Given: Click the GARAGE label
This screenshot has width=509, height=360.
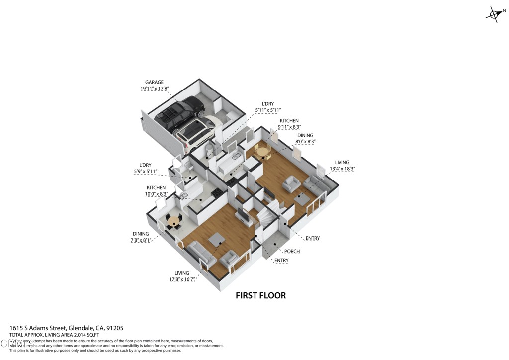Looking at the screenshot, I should (x=154, y=82).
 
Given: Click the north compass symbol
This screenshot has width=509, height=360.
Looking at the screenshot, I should (x=494, y=14).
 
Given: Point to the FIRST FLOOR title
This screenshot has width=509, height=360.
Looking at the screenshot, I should (x=260, y=295).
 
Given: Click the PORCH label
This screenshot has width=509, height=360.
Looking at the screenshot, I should (x=292, y=251).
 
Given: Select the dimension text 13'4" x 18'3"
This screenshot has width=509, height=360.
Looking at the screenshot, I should (x=342, y=169).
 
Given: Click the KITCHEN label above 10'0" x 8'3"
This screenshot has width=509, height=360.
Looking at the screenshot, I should (x=156, y=188).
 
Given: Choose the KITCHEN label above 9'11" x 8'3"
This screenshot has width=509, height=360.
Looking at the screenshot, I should (x=289, y=121).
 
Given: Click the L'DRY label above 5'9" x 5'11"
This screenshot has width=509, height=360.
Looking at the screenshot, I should (x=145, y=165).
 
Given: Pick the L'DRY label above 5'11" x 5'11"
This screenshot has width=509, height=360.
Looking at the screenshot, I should (x=268, y=104).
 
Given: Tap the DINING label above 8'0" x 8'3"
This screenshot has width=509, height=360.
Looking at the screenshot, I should (x=306, y=135).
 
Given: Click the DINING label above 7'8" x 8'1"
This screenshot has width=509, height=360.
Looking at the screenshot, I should (x=141, y=234).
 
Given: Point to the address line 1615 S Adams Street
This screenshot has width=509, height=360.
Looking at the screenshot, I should (x=67, y=328).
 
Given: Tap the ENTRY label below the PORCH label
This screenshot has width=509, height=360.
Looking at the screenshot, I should (x=281, y=260).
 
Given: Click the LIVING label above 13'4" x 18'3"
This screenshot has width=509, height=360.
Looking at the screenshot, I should (x=342, y=162).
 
